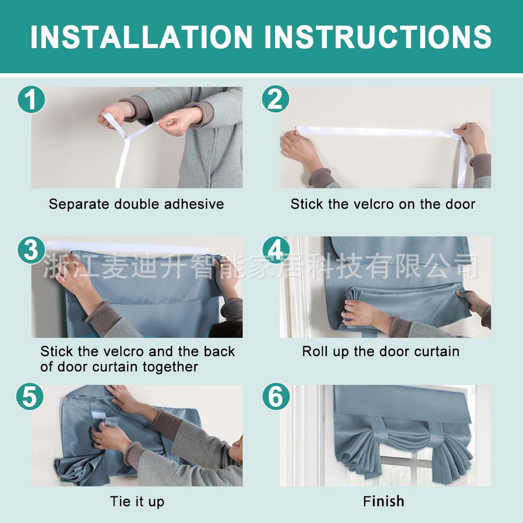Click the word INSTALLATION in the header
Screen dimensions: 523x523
click(x=141, y=37)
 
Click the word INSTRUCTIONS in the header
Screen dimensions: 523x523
click(x=378, y=37)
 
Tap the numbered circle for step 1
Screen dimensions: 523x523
click(x=31, y=99)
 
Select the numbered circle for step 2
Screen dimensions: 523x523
click(x=276, y=99)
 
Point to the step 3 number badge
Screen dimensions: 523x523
click(x=31, y=250)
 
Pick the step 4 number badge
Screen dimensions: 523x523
click(x=276, y=250)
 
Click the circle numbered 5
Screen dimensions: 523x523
click(x=30, y=396)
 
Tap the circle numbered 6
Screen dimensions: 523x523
click(x=276, y=396)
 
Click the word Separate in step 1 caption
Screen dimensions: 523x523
click(x=79, y=204)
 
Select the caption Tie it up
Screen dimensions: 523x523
click(x=137, y=502)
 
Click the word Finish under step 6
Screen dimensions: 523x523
click(x=383, y=502)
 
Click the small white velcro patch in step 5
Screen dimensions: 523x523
click(x=99, y=415)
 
